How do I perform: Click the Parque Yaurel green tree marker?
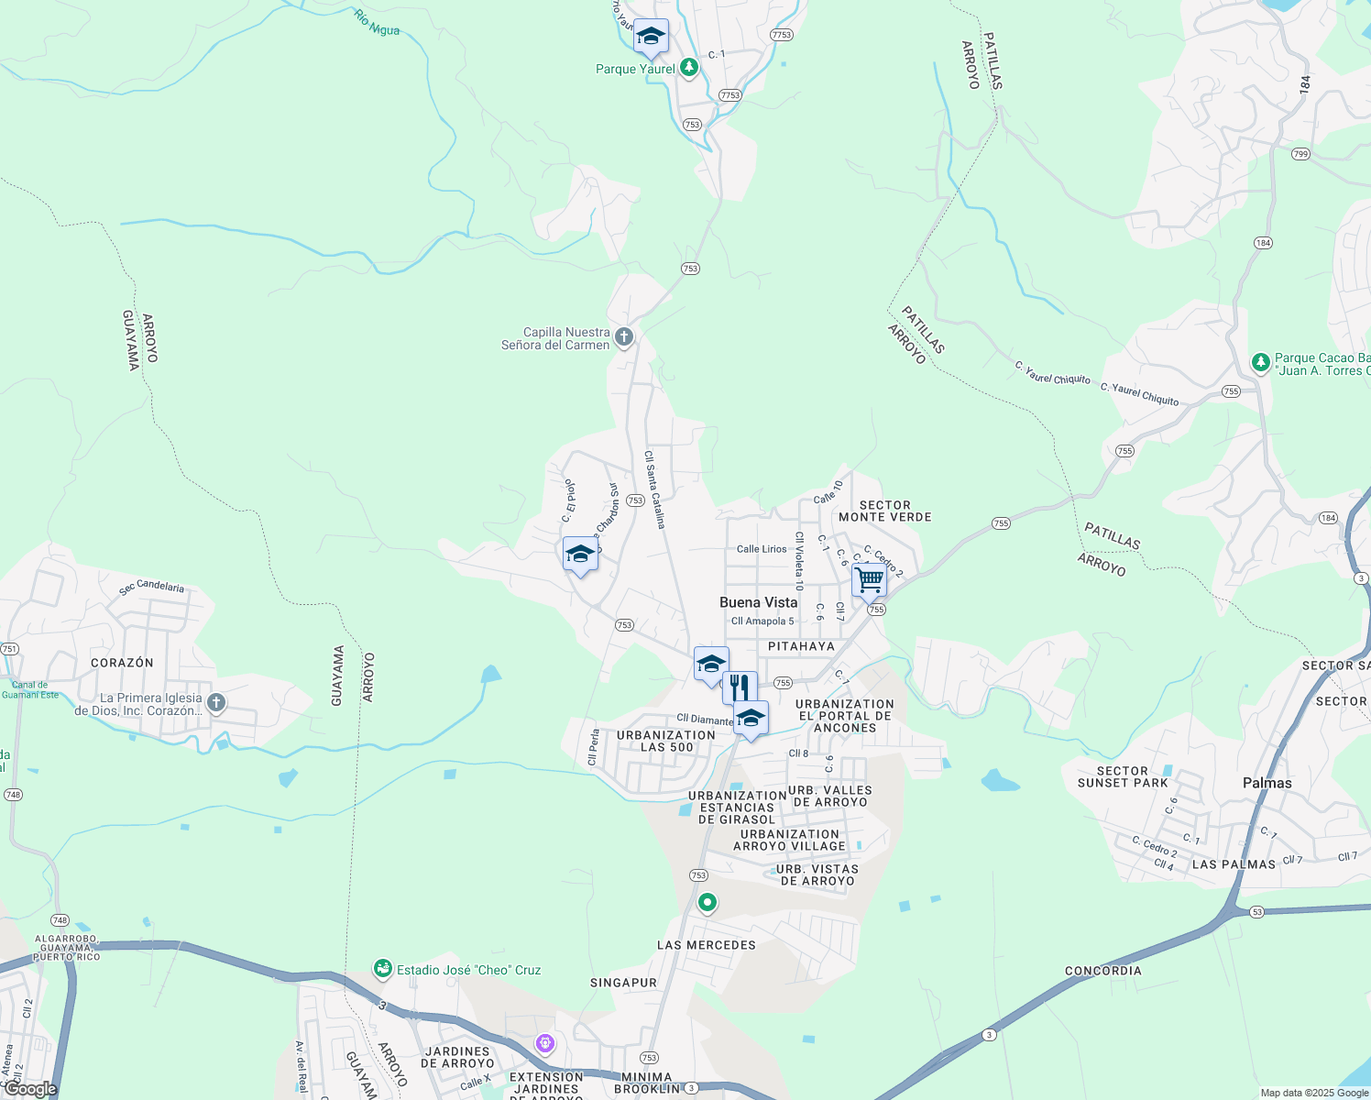coord(689,67)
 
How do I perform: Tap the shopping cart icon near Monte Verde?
coord(869,580)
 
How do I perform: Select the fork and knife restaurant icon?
coord(740,687)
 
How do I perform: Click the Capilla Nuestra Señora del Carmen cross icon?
coord(624,337)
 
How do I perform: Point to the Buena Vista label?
coord(758,602)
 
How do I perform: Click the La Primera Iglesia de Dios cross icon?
coord(216,703)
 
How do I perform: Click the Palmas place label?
coord(1267,783)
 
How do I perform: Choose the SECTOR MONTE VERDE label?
coord(884,511)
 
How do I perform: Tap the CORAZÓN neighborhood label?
coord(122,663)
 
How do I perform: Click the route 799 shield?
coord(1300,154)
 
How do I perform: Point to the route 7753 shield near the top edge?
coord(781,35)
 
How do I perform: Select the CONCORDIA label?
coord(1102,971)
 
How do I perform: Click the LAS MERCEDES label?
coord(706,945)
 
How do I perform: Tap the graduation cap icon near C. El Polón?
coord(580,554)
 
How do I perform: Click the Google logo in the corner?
coord(30,1089)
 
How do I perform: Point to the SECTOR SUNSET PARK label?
coord(1122,777)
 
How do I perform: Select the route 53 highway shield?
coord(1256,912)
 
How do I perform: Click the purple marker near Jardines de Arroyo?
coord(545,1043)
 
